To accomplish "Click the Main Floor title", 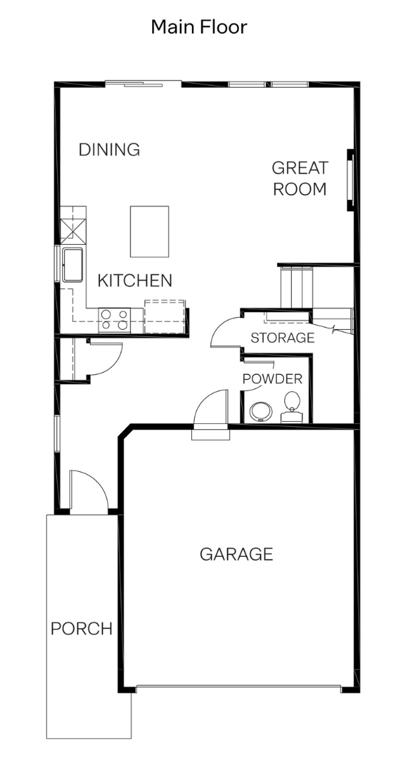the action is (x=198, y=27).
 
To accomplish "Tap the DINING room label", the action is (x=109, y=149).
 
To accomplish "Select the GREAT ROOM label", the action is (x=300, y=178).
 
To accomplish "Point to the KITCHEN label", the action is (x=135, y=281).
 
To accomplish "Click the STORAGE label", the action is (x=282, y=338).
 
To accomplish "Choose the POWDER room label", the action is (x=273, y=379).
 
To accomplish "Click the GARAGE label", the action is (x=236, y=554).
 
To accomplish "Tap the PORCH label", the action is (x=81, y=629).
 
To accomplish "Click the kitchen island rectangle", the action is (x=149, y=231).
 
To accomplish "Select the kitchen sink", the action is (x=73, y=265).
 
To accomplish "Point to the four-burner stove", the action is (x=114, y=320).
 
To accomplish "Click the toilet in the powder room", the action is (x=291, y=407).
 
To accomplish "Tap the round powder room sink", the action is (x=260, y=412).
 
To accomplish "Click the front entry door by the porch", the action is (x=89, y=492).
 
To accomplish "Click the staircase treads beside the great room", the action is (x=296, y=288).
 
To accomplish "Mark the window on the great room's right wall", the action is (x=351, y=181).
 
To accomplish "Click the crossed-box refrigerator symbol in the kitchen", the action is (x=74, y=231).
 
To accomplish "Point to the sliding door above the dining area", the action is (x=143, y=84).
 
